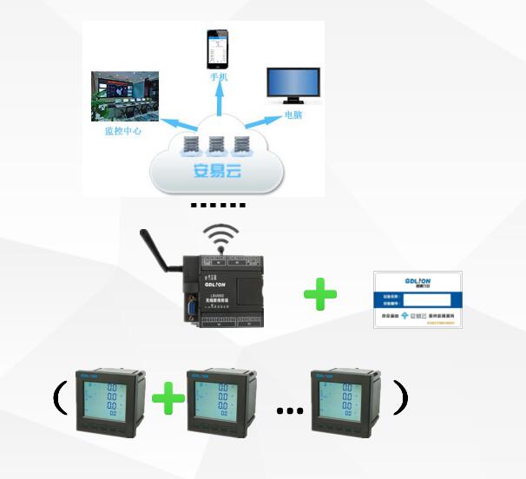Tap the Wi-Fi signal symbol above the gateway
220,236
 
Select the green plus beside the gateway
320,294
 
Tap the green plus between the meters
168,399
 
